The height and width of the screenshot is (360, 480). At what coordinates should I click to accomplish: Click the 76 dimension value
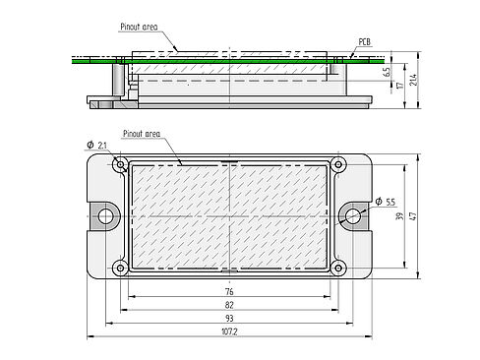click(x=229, y=291)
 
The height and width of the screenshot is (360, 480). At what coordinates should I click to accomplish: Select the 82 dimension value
click(x=229, y=305)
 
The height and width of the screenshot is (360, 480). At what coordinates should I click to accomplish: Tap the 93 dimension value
click(x=229, y=318)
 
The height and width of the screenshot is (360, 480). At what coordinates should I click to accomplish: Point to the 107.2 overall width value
click(x=229, y=331)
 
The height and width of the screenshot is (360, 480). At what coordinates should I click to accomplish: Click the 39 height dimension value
click(x=399, y=216)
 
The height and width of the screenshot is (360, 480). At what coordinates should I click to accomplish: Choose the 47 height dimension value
click(x=413, y=215)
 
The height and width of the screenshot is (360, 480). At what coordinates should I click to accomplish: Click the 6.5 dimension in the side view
click(x=388, y=72)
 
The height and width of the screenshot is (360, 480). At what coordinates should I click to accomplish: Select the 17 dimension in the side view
click(x=399, y=86)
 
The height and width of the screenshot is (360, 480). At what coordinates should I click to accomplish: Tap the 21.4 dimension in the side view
click(x=413, y=80)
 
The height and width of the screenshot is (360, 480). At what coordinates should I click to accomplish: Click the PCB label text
click(x=364, y=42)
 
